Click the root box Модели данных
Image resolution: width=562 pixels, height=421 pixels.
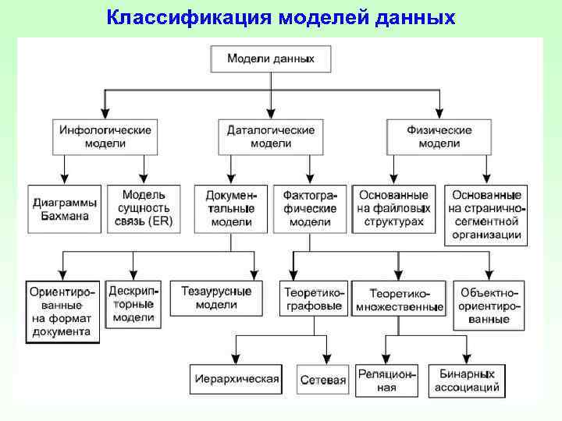pos(271,58)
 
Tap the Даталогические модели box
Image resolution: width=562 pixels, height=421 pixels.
pos(271,136)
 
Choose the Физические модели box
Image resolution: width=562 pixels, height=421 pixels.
pos(439,136)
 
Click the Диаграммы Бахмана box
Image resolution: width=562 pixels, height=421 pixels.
pos(65,208)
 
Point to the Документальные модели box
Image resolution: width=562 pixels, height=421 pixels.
pos(231,208)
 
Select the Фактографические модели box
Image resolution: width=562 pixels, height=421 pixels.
pos(310,208)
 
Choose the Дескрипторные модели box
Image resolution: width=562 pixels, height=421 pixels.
pos(133,304)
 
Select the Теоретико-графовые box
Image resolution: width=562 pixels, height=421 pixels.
pos(312,298)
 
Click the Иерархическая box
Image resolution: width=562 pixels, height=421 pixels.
pos(236,379)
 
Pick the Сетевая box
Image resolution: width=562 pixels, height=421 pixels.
pos(322,380)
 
